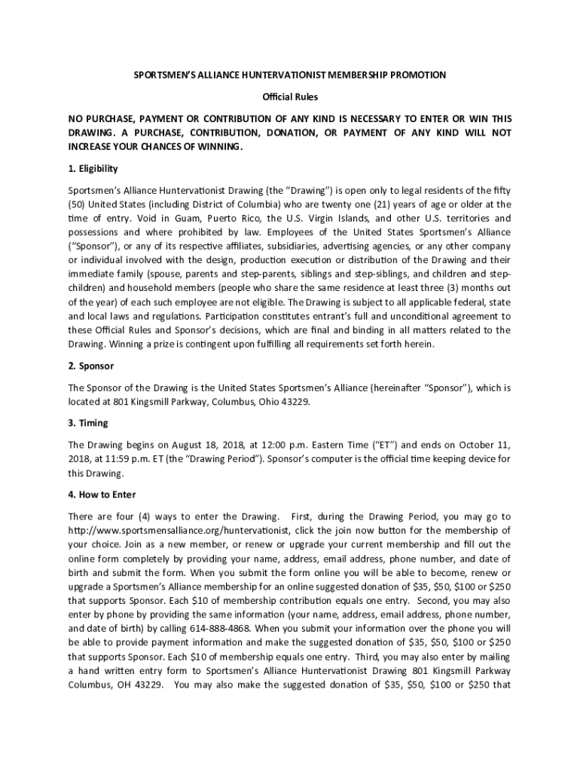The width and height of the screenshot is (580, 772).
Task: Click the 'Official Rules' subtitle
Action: coord(290,97)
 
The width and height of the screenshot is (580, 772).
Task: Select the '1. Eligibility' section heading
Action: coord(93,168)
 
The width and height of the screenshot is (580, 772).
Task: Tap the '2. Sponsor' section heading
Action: coord(90,366)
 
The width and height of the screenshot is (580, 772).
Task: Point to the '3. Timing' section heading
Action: coord(88,423)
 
